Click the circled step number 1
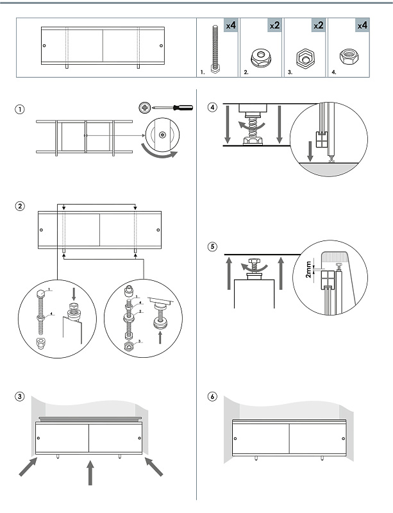(21, 110)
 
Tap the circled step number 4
(213, 107)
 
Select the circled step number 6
(213, 396)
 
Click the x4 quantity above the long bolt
(231, 26)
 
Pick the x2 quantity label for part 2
(274, 26)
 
